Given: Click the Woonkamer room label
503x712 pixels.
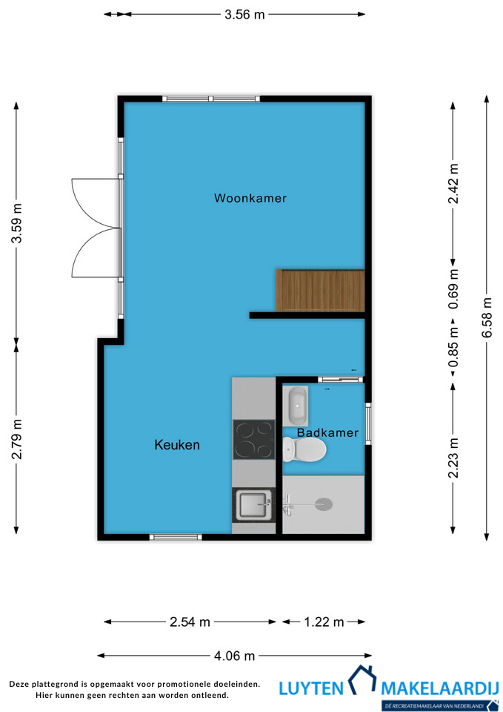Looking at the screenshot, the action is point(250,198).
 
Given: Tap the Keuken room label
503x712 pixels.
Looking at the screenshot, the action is point(177,444).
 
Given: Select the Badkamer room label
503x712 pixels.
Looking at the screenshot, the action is point(328,432).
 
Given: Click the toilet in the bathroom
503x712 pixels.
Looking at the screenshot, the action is point(304,449).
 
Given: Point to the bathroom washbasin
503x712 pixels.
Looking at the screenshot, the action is point(296,406).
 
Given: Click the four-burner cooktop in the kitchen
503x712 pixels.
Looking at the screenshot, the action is point(254,440).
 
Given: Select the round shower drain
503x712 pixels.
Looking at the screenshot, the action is point(324,503).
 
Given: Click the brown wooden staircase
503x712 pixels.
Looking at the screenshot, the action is point(320,290).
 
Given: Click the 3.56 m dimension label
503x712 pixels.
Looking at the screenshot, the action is point(244,15).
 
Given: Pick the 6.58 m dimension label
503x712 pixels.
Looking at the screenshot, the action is point(487,317).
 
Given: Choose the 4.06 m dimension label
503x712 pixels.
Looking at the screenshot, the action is point(235,656).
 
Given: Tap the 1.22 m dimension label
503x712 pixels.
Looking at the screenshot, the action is point(324,622).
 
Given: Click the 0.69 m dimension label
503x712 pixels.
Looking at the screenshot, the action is point(453,289).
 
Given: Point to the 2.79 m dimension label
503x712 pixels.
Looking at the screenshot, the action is point(17,439).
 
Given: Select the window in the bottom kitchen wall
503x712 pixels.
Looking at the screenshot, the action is point(176,537).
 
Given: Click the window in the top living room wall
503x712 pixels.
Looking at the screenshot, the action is point(211,99).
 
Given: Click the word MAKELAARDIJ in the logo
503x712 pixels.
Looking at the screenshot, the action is point(440,688).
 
